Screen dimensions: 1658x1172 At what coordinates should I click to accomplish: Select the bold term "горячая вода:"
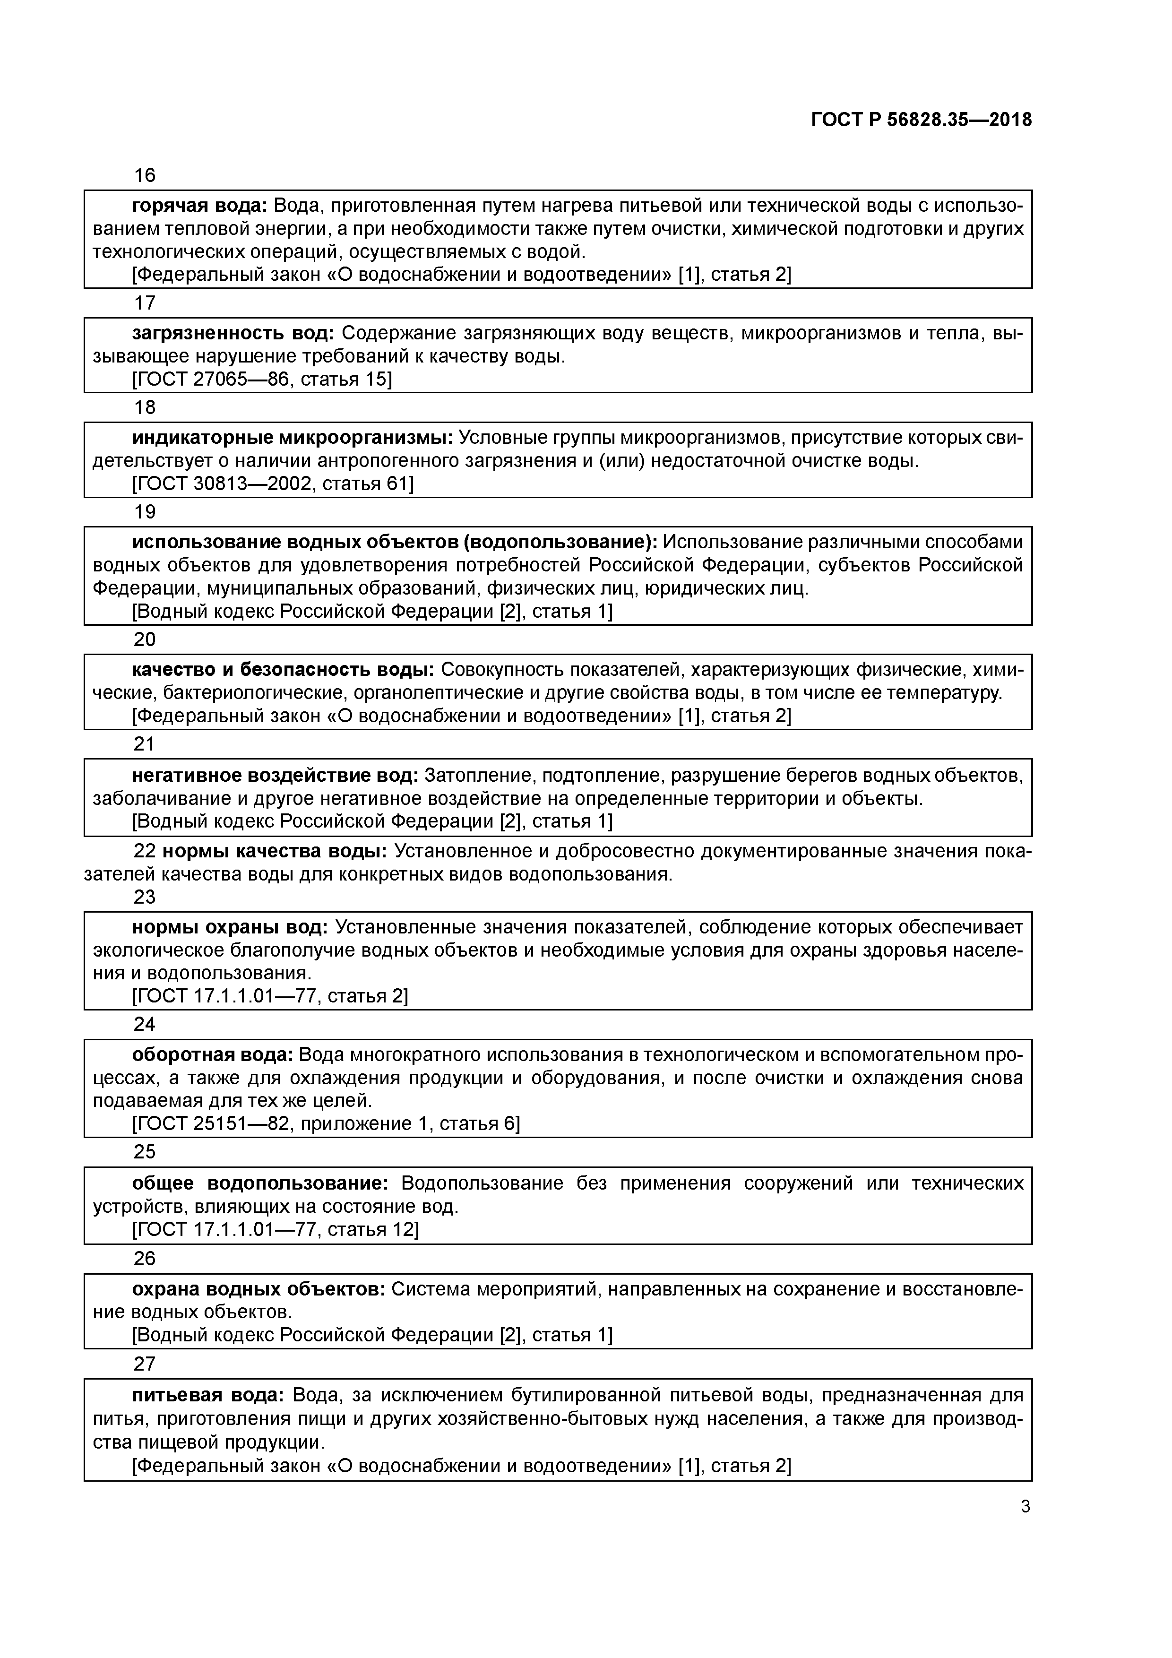tap(199, 206)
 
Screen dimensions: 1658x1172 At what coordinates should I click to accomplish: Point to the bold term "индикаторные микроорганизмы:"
tap(293, 438)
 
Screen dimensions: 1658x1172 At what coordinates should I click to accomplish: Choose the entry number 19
tap(145, 512)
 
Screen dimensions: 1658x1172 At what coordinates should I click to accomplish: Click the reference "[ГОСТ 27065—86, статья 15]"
tap(262, 379)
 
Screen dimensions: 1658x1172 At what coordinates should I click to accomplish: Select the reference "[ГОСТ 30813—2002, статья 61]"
tap(273, 484)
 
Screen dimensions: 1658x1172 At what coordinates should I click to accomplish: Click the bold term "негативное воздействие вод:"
tap(275, 776)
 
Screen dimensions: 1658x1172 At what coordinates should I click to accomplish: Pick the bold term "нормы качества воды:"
tap(275, 851)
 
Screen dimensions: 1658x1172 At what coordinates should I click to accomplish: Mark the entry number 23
tap(145, 897)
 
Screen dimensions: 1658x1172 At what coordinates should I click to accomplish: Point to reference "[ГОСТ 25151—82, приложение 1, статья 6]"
tap(326, 1123)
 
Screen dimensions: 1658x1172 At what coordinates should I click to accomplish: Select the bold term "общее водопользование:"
tap(260, 1183)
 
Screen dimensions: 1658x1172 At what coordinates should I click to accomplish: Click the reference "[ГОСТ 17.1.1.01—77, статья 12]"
tap(275, 1230)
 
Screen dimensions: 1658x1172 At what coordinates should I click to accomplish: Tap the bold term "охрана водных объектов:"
tap(259, 1289)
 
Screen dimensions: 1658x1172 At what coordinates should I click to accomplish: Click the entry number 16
tap(145, 175)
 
